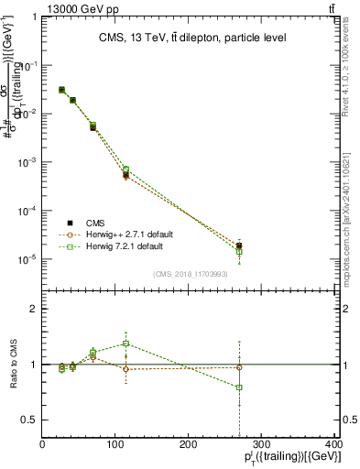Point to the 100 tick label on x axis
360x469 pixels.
(115, 445)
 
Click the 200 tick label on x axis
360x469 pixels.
(189, 445)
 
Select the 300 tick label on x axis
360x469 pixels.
(262, 445)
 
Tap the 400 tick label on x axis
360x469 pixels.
(333, 445)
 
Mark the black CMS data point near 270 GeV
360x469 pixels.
(239, 245)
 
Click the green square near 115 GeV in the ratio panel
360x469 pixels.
(125, 344)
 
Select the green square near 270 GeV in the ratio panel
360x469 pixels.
(239, 387)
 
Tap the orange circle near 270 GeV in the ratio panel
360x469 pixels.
(239, 367)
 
